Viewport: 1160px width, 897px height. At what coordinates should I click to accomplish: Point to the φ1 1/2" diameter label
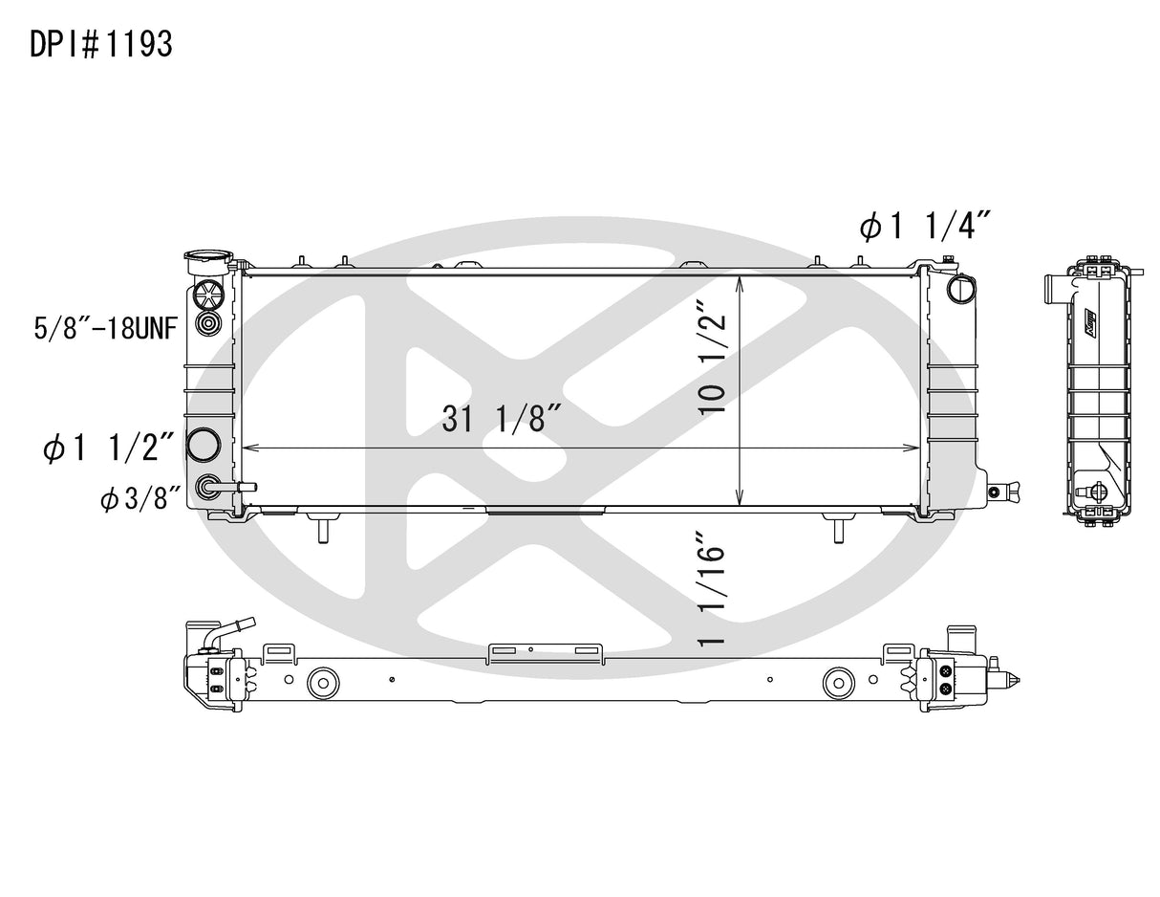[x=108, y=447]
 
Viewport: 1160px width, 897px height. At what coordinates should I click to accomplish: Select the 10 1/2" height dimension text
[x=716, y=358]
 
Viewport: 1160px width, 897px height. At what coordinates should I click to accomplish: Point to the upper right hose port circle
[x=958, y=288]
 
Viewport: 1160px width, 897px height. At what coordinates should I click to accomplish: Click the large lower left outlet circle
[x=204, y=445]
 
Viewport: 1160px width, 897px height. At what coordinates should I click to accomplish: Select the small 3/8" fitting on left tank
[x=206, y=488]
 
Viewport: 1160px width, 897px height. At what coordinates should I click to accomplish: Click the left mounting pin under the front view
[x=322, y=527]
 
